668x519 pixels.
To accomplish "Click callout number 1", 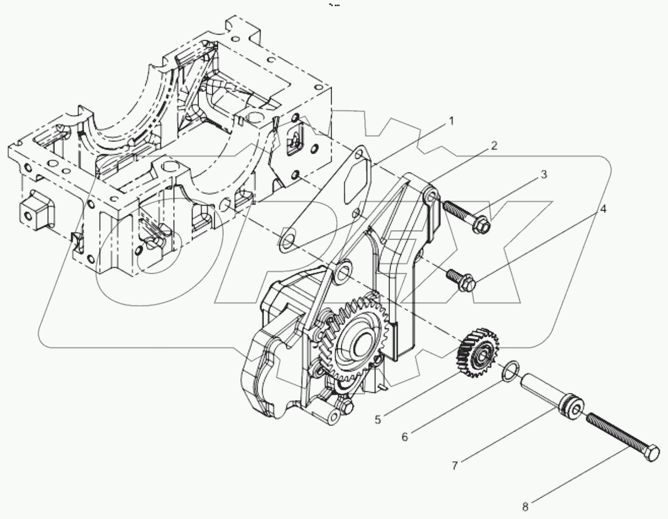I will [451, 121].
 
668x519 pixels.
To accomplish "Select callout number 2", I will [494, 146].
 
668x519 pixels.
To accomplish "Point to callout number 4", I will [602, 210].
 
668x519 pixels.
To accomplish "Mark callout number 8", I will [525, 507].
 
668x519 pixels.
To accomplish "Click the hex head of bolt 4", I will [468, 285].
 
